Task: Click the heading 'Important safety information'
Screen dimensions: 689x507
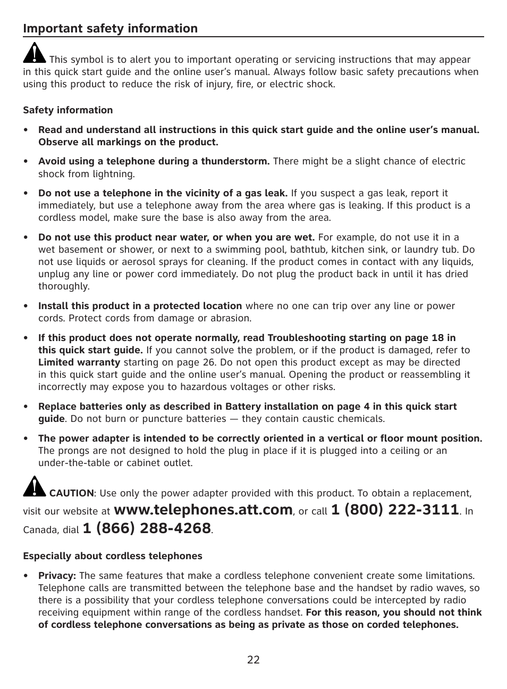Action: click(110, 29)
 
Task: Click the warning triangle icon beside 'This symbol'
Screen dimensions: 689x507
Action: click(35, 53)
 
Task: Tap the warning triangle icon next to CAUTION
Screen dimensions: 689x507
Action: click(35, 487)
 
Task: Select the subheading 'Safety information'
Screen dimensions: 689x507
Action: click(67, 110)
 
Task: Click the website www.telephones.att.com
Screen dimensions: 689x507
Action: click(203, 510)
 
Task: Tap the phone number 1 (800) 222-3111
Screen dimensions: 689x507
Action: click(394, 510)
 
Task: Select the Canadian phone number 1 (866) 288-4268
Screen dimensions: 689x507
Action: click(147, 529)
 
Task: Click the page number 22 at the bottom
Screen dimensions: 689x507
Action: click(253, 660)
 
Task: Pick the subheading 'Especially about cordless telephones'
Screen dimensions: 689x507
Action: click(112, 556)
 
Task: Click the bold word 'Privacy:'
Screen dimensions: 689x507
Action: click(57, 576)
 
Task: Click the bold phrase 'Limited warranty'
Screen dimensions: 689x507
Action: click(79, 362)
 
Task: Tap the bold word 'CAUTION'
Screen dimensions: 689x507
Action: click(71, 493)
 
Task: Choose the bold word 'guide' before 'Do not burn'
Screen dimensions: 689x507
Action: click(51, 419)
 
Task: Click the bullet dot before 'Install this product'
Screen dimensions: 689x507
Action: click(26, 306)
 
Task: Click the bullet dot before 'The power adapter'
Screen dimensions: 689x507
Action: click(26, 439)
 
